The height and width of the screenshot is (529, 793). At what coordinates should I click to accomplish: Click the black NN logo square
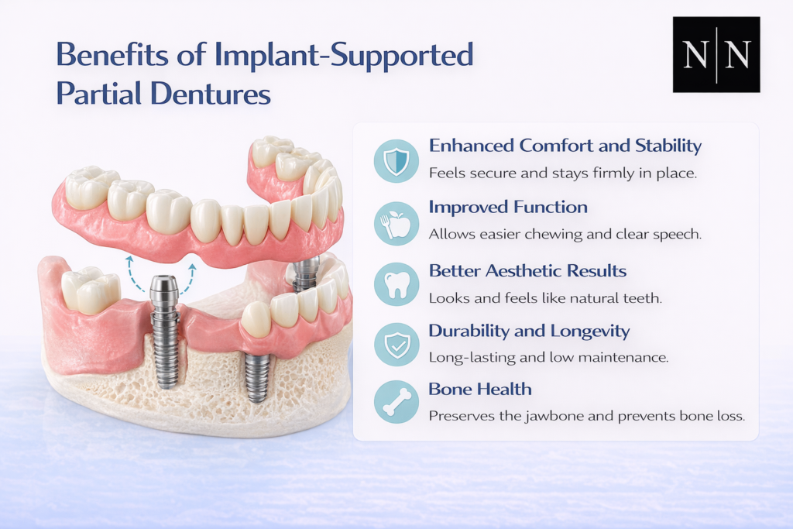[x=716, y=55]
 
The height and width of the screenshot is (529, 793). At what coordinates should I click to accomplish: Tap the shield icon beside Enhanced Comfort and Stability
[x=396, y=161]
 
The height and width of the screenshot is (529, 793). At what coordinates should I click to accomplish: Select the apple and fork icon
[x=396, y=224]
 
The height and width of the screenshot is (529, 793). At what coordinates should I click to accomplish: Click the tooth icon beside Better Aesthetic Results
[x=396, y=284]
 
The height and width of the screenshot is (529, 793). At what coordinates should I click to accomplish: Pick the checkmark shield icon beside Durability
[x=396, y=345]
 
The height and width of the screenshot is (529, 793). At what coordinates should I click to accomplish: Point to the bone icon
[x=396, y=402]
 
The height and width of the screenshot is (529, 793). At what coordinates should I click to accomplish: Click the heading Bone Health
[x=480, y=389]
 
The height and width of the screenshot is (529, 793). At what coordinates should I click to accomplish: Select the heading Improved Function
[x=508, y=207]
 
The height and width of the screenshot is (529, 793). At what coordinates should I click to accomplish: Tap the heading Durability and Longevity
[x=529, y=331]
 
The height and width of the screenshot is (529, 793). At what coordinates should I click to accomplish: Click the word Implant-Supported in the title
[x=344, y=56]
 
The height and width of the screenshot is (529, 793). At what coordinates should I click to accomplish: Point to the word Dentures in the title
[x=211, y=94]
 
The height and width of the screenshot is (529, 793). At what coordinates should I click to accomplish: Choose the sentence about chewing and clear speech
[x=565, y=234]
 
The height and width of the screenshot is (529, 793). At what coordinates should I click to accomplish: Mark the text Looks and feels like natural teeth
[x=545, y=298]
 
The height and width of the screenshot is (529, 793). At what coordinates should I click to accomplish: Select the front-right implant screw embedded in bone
[x=257, y=376]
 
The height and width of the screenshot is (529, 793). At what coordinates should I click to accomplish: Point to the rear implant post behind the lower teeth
[x=305, y=273]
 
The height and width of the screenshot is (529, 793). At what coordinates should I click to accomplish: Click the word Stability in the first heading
[x=668, y=146]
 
